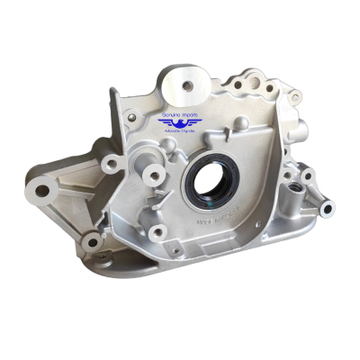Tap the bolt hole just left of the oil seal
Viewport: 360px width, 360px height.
click(x=153, y=176)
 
